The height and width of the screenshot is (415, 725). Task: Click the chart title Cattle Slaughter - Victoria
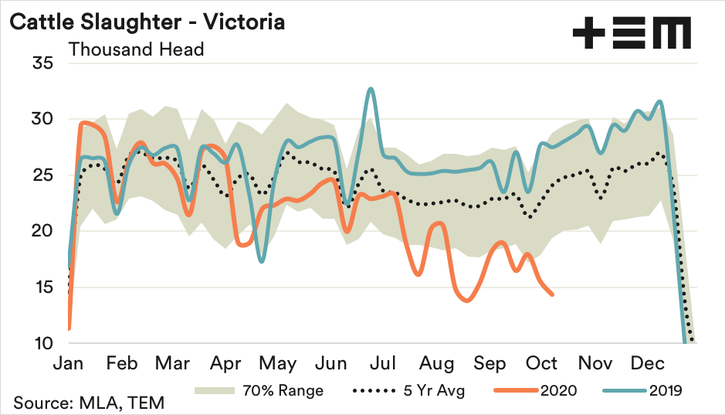[147, 22]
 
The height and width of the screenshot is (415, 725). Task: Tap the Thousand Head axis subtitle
[136, 49]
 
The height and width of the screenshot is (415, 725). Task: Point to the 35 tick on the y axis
[41, 63]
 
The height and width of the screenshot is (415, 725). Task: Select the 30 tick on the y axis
[41, 120]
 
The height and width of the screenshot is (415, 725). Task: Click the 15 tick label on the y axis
[41, 287]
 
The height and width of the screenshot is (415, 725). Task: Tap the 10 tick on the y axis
[41, 343]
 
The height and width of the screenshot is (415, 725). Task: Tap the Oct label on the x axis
[543, 363]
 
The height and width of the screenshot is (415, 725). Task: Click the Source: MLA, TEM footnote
[88, 403]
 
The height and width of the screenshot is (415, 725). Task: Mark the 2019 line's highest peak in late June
[371, 89]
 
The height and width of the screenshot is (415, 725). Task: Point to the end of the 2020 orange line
[551, 294]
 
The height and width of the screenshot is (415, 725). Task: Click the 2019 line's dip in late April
[262, 261]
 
